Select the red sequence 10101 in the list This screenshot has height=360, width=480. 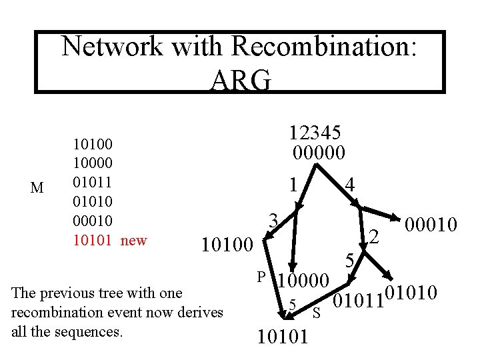93,240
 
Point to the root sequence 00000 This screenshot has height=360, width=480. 319,153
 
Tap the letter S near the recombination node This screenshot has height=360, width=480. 317,312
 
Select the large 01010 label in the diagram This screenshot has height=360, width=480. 412,293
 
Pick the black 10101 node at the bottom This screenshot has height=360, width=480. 283,336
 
